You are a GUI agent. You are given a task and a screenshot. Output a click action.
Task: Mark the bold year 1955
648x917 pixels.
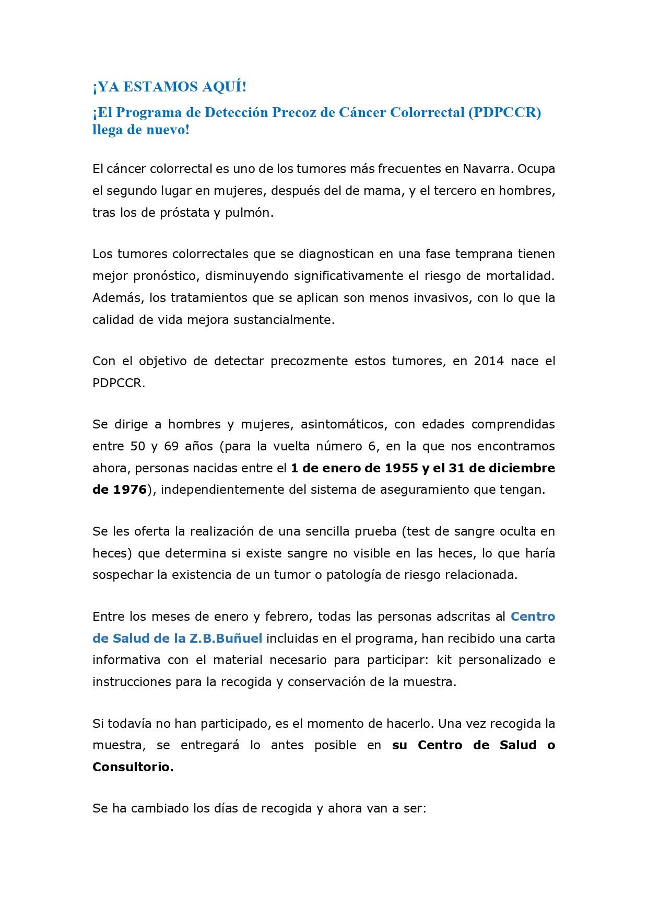pos(401,468)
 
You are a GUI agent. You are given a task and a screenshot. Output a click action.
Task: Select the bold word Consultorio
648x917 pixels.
pos(133,767)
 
